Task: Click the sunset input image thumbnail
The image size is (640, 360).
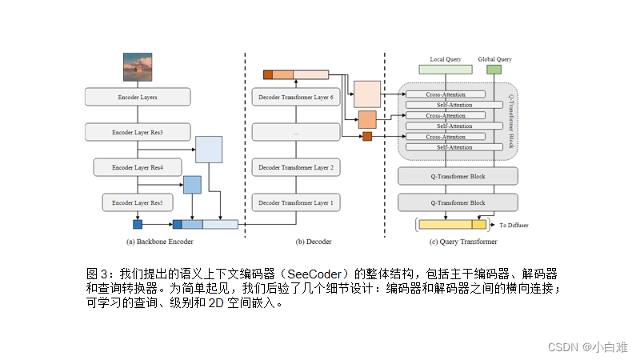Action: pyautogui.click(x=138, y=67)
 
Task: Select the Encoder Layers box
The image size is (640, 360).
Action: pyautogui.click(x=138, y=97)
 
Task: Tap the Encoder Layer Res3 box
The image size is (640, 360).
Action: pyautogui.click(x=138, y=132)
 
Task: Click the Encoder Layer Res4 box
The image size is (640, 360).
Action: pyautogui.click(x=138, y=167)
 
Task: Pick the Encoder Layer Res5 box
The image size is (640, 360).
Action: pyautogui.click(x=138, y=202)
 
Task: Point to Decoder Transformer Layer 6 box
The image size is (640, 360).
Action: pyautogui.click(x=296, y=97)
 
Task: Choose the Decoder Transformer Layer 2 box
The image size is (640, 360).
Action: pyautogui.click(x=296, y=167)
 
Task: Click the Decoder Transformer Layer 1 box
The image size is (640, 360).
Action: pyautogui.click(x=296, y=202)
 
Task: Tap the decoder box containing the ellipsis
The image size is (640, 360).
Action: pyautogui.click(x=296, y=132)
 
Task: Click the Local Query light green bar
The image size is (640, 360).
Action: pyautogui.click(x=446, y=70)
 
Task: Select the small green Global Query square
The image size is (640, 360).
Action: pyautogui.click(x=494, y=70)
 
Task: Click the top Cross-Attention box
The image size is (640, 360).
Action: pyautogui.click(x=446, y=94)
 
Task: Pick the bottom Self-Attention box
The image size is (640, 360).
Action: pyautogui.click(x=454, y=147)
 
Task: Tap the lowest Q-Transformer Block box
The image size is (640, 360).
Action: pyautogui.click(x=458, y=202)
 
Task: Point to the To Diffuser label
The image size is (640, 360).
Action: pyautogui.click(x=514, y=225)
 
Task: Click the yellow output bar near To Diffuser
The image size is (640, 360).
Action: pyautogui.click(x=453, y=224)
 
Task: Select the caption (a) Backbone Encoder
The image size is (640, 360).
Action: pyautogui.click(x=159, y=242)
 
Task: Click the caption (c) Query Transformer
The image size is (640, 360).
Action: pyautogui.click(x=463, y=242)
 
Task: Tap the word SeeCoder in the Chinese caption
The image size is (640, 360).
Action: pyautogui.click(x=314, y=274)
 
